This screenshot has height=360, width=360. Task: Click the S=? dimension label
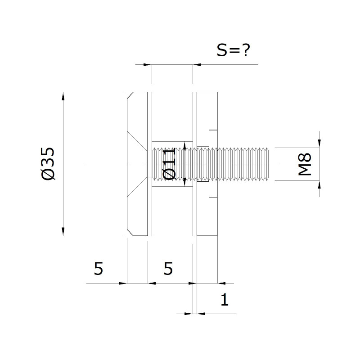click(233, 50)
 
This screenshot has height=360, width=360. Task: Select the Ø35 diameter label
click(49, 163)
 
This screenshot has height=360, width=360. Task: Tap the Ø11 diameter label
click(169, 164)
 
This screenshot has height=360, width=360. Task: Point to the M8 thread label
click(305, 164)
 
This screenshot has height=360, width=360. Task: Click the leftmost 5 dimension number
click(99, 268)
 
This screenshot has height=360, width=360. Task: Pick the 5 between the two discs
click(168, 268)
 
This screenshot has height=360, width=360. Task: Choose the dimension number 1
click(225, 299)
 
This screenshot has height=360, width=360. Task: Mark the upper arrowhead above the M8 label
click(319, 144)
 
